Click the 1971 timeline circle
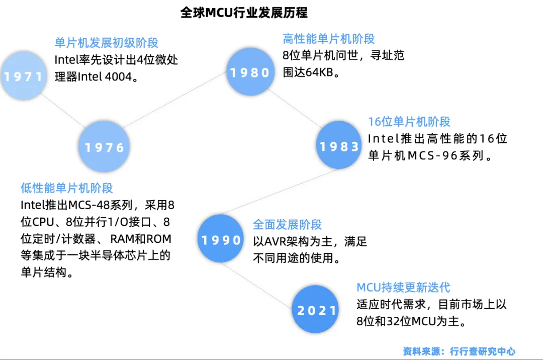coord(23,76)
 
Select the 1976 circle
coord(105,147)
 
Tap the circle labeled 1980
coord(250,72)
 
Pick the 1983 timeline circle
coord(340,146)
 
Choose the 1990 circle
coord(222,240)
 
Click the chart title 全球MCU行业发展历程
coord(244,13)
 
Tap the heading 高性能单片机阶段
coord(329,39)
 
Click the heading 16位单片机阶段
coord(409,121)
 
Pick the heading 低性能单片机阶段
coord(67,188)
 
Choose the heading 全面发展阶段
coord(287,225)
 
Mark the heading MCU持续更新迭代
coord(403,288)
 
